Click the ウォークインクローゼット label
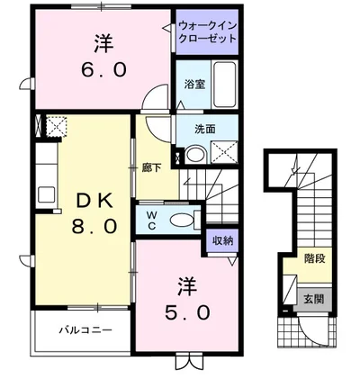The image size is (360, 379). (208, 33)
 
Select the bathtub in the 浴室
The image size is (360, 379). (223, 85)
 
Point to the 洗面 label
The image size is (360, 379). (204, 128)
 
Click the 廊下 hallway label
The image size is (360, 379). (150, 167)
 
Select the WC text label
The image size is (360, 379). (150, 219)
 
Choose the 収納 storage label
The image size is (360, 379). (222, 240)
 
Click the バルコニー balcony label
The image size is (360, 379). (86, 330)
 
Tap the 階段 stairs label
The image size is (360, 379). (314, 257)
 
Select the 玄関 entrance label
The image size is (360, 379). (313, 298)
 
